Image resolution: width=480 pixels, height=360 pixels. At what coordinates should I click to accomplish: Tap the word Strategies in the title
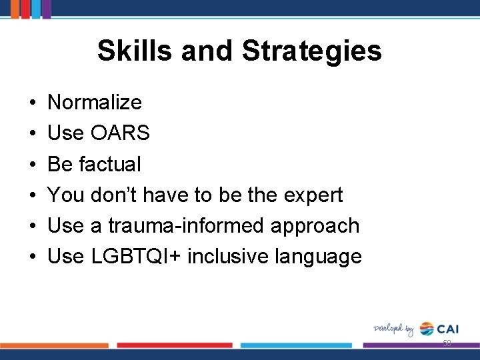[312, 51]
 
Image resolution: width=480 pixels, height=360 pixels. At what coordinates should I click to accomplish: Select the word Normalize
[95, 103]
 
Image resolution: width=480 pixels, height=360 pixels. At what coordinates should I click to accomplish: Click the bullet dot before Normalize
[32, 103]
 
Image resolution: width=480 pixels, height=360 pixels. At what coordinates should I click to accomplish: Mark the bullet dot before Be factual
[32, 165]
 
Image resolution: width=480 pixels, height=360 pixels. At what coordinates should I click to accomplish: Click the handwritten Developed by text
[394, 329]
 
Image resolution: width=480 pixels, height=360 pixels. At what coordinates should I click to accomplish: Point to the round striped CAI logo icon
[427, 329]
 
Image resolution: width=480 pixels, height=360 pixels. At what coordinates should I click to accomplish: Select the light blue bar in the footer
[295, 345]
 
